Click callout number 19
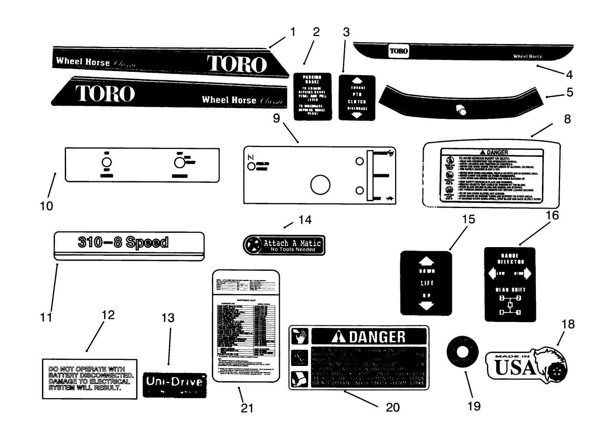(x=474, y=406)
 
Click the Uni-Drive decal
(x=175, y=384)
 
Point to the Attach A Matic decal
(x=284, y=245)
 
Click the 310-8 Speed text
(x=123, y=242)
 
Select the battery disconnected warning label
(x=90, y=378)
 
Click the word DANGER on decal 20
(x=377, y=337)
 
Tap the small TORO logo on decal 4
(x=398, y=51)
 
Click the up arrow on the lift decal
(x=427, y=261)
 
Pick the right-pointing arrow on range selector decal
(x=527, y=273)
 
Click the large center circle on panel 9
(x=320, y=185)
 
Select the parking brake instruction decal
(x=313, y=96)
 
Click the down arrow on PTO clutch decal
(x=357, y=115)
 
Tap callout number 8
(x=567, y=119)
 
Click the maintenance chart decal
(x=246, y=325)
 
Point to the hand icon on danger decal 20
(x=300, y=336)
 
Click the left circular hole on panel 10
(x=107, y=163)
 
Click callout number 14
(x=305, y=220)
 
